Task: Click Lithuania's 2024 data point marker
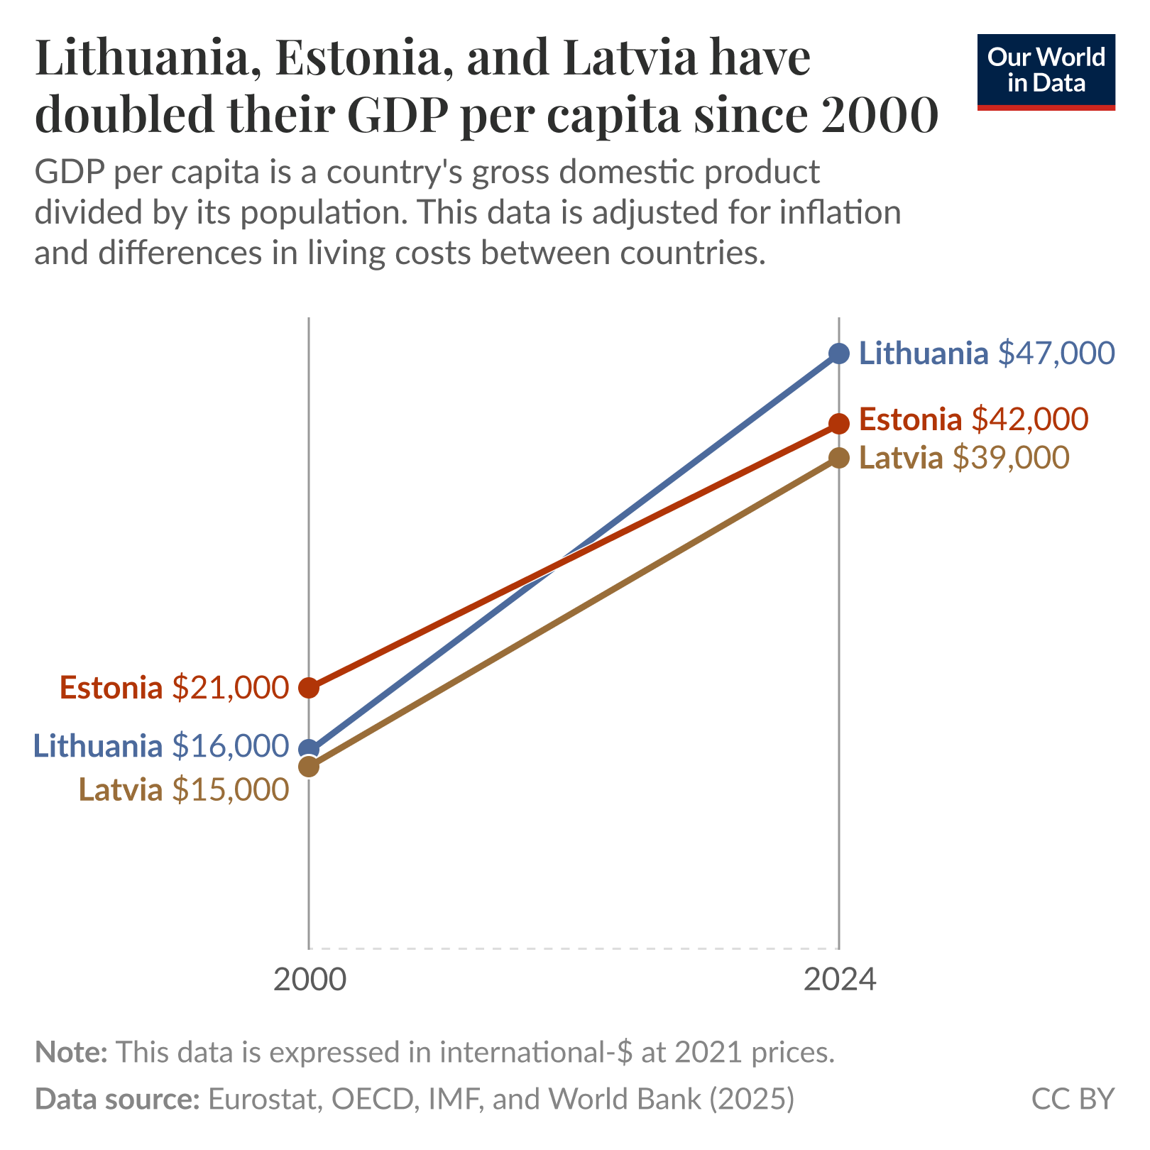pyautogui.click(x=838, y=353)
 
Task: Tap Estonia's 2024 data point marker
pyautogui.click(x=838, y=423)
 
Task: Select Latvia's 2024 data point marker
pyautogui.click(x=838, y=458)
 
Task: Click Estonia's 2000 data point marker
pyautogui.click(x=309, y=687)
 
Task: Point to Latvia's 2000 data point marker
pyautogui.click(x=309, y=767)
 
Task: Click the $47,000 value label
pyautogui.click(x=1056, y=353)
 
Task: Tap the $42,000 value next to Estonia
pyautogui.click(x=1029, y=420)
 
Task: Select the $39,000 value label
pyautogui.click(x=1010, y=458)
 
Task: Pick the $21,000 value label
pyautogui.click(x=231, y=687)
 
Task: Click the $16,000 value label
pyautogui.click(x=231, y=745)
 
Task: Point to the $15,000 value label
pyautogui.click(x=231, y=789)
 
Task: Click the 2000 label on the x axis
pyautogui.click(x=310, y=980)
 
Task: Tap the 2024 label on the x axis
pyautogui.click(x=840, y=980)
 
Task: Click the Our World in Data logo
pyautogui.click(x=1046, y=71)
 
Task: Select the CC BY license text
pyautogui.click(x=1072, y=1098)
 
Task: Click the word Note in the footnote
pyautogui.click(x=70, y=1051)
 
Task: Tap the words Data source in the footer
pyautogui.click(x=117, y=1098)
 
